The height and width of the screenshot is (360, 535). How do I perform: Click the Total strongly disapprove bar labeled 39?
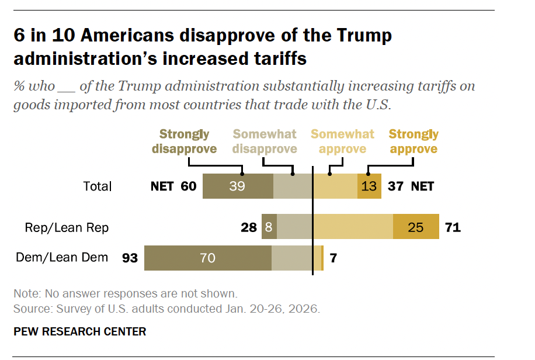click(238, 186)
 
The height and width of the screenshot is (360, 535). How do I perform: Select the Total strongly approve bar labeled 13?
click(369, 186)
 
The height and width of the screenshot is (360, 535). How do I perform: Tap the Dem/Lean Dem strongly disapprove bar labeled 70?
click(208, 258)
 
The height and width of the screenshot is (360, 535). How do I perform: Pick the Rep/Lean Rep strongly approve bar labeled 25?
click(416, 227)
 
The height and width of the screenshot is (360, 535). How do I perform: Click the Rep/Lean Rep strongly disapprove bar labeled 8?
click(269, 227)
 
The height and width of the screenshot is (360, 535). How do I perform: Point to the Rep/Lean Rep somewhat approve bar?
click(353, 227)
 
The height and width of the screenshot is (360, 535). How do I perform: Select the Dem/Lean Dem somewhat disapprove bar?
click(292, 258)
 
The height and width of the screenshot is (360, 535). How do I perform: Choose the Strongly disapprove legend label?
click(184, 141)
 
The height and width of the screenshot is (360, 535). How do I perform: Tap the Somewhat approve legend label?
click(342, 141)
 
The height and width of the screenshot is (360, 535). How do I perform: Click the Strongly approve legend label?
click(414, 141)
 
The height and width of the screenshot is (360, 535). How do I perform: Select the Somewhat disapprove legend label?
click(265, 141)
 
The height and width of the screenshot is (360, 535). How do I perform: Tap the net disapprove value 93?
click(130, 258)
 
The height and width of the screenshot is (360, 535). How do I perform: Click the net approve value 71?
click(453, 227)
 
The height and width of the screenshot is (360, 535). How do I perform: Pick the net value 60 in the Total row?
click(187, 186)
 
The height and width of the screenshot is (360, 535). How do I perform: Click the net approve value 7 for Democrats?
click(333, 258)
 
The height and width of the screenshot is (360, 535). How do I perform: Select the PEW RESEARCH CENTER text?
click(79, 332)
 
